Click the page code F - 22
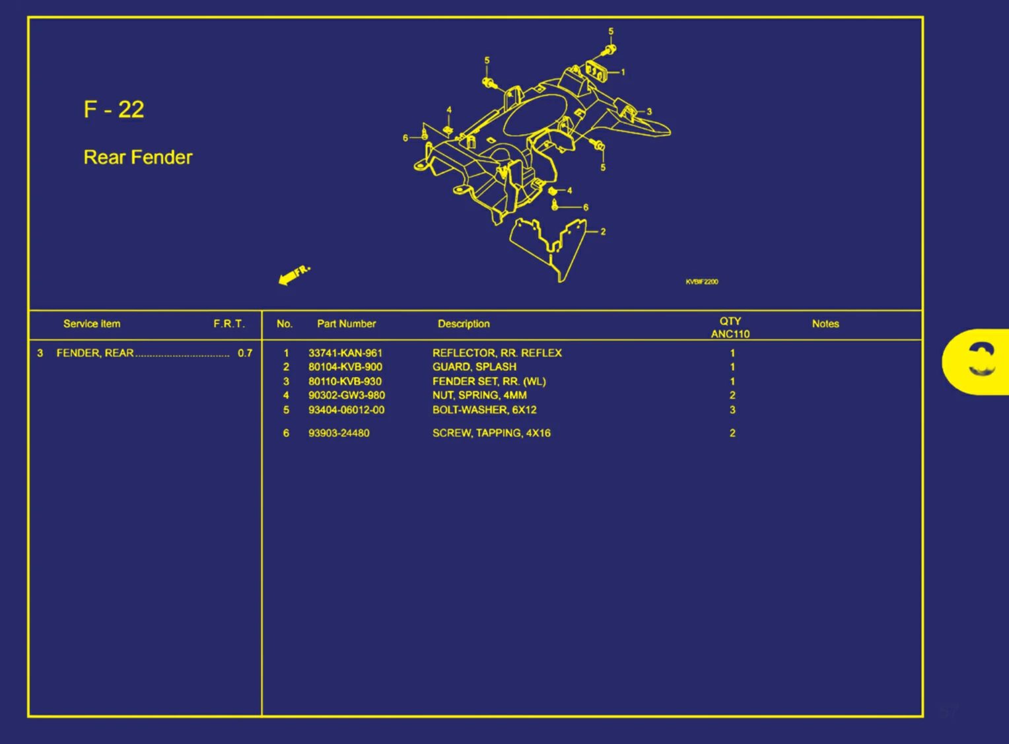(x=114, y=110)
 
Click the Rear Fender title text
(x=138, y=157)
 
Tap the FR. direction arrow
(x=294, y=275)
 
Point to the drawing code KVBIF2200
(x=701, y=282)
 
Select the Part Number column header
(x=346, y=323)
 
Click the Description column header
(x=464, y=323)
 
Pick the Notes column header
(x=825, y=323)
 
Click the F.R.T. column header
(x=228, y=323)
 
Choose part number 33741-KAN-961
(x=345, y=353)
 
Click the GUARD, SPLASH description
(x=474, y=367)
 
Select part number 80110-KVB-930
(x=345, y=382)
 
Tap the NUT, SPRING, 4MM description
(x=479, y=395)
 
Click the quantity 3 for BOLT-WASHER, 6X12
(x=732, y=410)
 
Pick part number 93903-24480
(x=339, y=433)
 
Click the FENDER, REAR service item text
(x=95, y=353)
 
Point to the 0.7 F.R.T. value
(x=245, y=353)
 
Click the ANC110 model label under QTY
(x=730, y=334)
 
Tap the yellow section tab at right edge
(x=977, y=362)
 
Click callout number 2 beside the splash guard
(x=603, y=232)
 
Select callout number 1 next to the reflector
(x=623, y=73)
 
